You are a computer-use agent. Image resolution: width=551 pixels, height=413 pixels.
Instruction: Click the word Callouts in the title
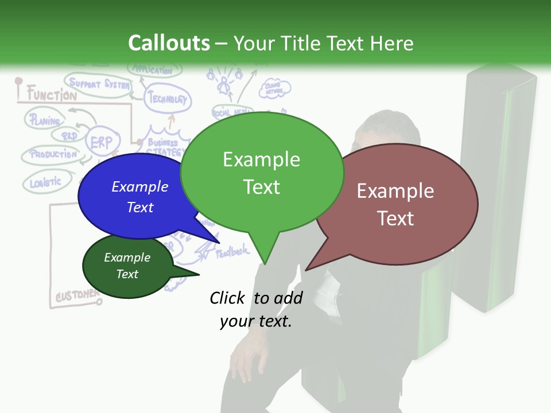(169, 43)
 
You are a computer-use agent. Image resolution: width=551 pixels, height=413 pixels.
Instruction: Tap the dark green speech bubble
(127, 266)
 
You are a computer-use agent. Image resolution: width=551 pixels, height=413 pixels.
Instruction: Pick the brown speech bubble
(396, 204)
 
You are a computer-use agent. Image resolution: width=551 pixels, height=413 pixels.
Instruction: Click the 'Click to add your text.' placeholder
(256, 309)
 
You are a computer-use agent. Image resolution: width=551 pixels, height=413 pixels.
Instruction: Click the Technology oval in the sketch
(168, 99)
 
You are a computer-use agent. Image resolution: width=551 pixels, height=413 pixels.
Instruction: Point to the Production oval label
(53, 154)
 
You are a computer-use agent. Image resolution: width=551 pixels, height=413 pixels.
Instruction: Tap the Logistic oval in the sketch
(45, 182)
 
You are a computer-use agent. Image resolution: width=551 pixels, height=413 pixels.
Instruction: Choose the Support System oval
(99, 84)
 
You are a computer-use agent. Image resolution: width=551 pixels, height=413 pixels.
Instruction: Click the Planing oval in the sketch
(45, 120)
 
